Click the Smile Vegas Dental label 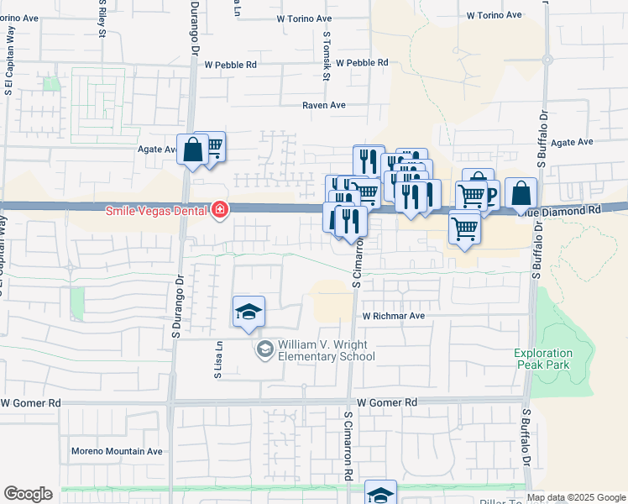[155, 211]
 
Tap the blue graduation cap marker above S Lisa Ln [249, 312]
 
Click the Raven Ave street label [325, 105]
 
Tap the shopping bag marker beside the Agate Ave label [193, 150]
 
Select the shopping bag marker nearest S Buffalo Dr [521, 192]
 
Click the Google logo [28, 494]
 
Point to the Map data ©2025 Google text [577, 497]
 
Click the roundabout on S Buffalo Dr [547, 60]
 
